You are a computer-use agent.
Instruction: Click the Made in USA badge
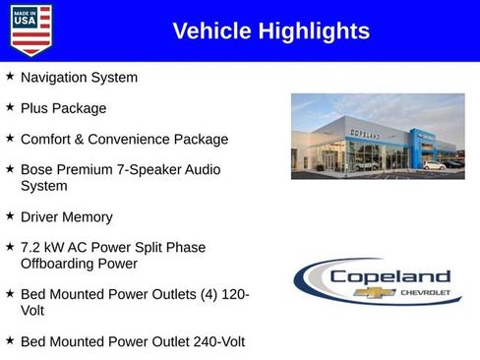click(x=30, y=30)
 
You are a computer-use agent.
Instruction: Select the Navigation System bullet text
click(x=79, y=77)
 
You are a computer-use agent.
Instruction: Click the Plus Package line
click(x=63, y=108)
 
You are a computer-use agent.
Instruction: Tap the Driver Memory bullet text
click(x=66, y=216)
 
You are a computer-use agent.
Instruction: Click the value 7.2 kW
click(x=43, y=248)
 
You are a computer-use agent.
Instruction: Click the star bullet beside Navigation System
click(x=10, y=76)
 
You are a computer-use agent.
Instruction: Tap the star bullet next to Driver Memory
click(x=10, y=215)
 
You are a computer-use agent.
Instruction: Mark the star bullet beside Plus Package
click(x=10, y=107)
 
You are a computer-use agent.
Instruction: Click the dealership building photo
click(x=377, y=136)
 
